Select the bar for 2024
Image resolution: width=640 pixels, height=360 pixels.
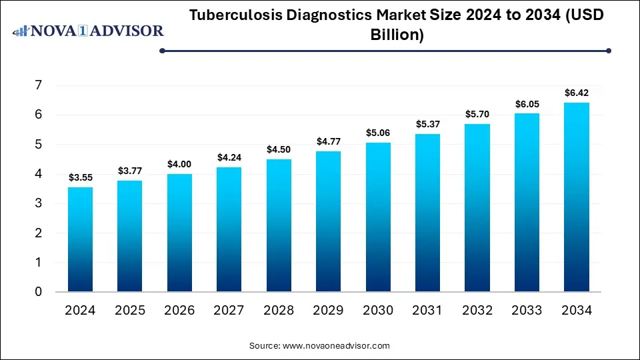click(80, 239)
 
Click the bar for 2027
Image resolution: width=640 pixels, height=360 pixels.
click(229, 229)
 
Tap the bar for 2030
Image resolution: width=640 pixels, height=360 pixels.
click(378, 217)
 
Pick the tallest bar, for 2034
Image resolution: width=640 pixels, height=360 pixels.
click(576, 197)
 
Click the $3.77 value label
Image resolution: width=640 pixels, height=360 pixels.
click(129, 171)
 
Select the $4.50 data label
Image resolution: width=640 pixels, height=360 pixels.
click(279, 150)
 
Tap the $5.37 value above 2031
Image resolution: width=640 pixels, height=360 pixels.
click(427, 124)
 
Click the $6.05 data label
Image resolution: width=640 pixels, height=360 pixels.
click(527, 104)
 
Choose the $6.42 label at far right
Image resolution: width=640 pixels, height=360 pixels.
click(576, 93)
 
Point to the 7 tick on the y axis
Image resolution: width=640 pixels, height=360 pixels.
click(39, 85)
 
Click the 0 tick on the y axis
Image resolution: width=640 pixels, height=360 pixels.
click(39, 292)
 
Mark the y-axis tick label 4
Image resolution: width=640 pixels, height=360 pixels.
click(39, 174)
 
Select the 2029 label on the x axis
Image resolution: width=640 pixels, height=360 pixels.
click(328, 310)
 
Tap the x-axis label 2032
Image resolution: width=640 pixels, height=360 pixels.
click(477, 310)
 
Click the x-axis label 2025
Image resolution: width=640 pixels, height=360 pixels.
click(129, 310)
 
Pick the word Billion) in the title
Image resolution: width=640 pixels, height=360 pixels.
click(397, 35)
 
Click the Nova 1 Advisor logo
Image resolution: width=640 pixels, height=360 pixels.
click(89, 31)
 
